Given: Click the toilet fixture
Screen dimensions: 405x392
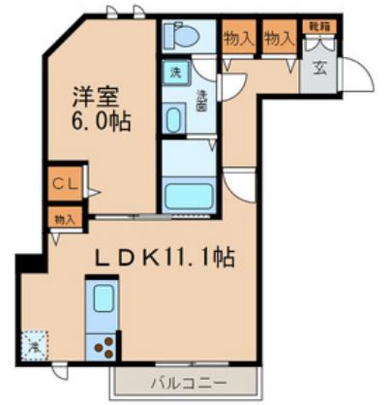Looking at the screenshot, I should coord(179,37).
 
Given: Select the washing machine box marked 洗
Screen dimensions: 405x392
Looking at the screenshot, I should coord(176,74).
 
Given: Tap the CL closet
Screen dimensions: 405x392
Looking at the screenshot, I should coord(60,180).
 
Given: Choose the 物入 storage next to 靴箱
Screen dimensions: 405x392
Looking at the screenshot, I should coord(278,38).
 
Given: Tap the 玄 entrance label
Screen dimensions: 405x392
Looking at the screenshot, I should coord(317,67).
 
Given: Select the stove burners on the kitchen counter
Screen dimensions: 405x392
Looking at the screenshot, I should coord(104,345).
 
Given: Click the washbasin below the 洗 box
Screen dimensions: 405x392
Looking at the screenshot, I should coord(174,121).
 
